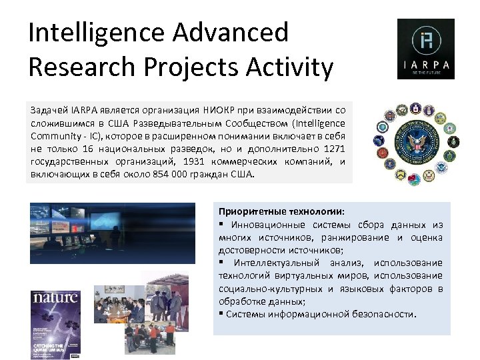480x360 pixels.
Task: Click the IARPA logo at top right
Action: [425, 49]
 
